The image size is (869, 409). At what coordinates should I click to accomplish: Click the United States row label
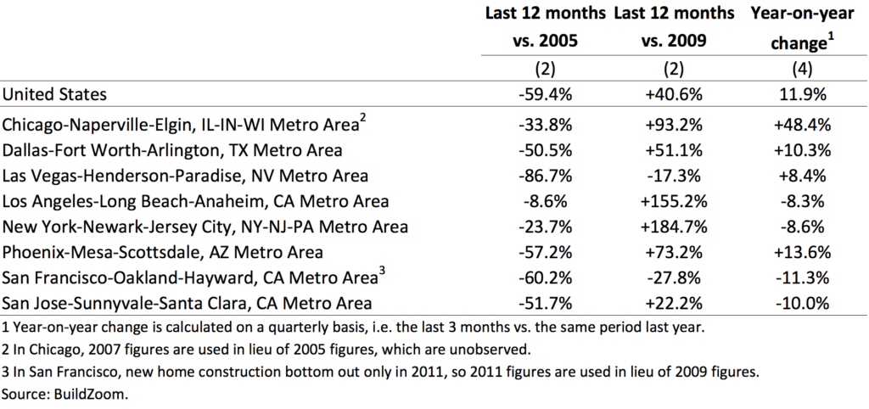tap(54, 94)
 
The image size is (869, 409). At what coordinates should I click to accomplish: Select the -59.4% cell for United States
tap(546, 94)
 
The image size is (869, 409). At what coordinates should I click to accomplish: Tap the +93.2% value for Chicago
tap(674, 125)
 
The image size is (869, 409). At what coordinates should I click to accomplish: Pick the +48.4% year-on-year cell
tap(802, 125)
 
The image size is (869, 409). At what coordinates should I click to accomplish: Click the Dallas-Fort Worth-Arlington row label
tap(172, 150)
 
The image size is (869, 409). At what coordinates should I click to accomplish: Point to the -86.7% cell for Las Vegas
tap(546, 176)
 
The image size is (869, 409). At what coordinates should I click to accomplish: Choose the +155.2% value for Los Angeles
tap(674, 201)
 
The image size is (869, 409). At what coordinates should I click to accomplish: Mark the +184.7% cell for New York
tap(674, 227)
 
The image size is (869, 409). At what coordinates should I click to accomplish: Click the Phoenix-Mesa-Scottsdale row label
tap(162, 252)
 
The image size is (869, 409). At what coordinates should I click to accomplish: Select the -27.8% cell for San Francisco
tap(674, 277)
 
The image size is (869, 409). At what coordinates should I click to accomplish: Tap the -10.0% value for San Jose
tap(802, 303)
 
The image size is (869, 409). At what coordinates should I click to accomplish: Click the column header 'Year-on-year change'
tap(802, 28)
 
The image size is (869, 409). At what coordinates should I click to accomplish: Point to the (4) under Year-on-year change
tap(802, 69)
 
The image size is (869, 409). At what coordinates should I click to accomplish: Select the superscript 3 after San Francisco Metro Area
tap(381, 271)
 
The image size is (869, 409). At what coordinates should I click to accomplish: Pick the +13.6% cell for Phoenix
tap(802, 252)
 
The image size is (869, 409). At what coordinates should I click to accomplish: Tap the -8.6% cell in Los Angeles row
tap(546, 201)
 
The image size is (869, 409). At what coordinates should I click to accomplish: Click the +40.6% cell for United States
tap(674, 94)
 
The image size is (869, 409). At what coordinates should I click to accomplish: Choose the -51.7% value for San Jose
tap(546, 303)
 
